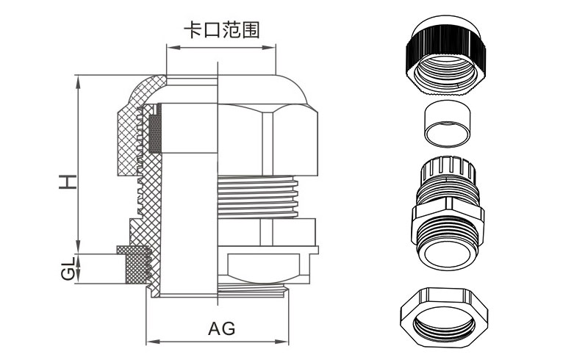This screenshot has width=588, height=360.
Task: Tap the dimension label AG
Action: [x=222, y=328]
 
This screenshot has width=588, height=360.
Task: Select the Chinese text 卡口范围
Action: [x=221, y=29]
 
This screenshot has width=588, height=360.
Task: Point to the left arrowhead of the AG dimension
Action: [x=150, y=342]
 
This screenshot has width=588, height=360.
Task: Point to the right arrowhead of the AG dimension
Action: [x=285, y=342]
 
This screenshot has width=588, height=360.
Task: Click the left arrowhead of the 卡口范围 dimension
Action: [x=170, y=47]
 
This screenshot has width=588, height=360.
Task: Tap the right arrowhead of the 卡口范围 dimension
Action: [x=273, y=47]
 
